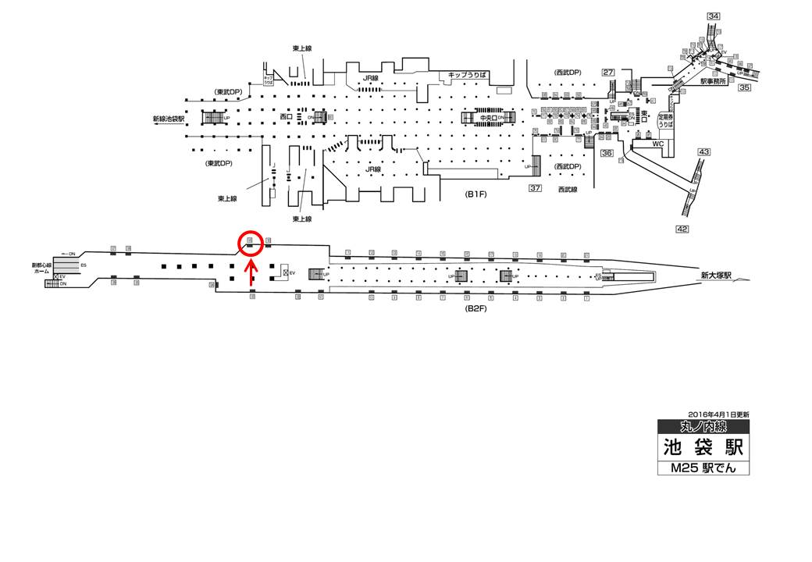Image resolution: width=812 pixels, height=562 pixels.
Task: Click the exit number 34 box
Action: [x=713, y=16]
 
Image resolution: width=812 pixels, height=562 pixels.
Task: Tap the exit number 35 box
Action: [x=744, y=87]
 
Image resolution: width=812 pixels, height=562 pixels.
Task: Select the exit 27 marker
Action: [x=609, y=73]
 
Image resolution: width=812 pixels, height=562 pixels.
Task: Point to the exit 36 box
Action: [x=607, y=154]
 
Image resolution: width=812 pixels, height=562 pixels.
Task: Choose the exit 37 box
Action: [x=535, y=188]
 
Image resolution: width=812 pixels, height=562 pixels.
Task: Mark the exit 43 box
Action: [x=703, y=151]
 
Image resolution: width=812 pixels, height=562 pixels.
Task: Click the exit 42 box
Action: [x=682, y=229]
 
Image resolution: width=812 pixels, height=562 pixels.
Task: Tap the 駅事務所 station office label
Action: [x=714, y=80]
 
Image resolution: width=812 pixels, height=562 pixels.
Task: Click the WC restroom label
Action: [x=646, y=144]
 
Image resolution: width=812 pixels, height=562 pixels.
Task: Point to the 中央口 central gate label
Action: [x=490, y=117]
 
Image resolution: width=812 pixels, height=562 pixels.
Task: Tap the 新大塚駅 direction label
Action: [x=715, y=275]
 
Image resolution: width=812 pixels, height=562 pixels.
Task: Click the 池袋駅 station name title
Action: [x=702, y=448]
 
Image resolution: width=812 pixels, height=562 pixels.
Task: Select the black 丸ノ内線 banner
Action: [x=703, y=426]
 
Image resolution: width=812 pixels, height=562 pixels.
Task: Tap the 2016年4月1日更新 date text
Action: [x=718, y=414]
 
